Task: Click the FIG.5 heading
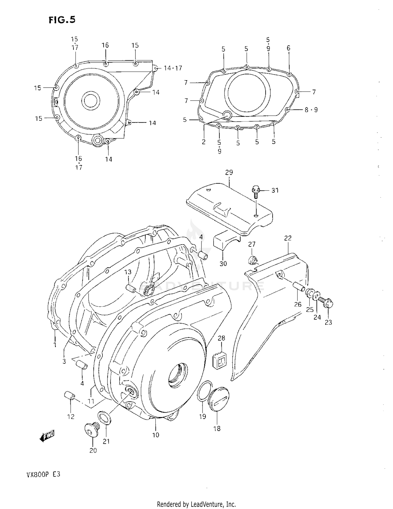(62, 20)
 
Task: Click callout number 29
(229, 172)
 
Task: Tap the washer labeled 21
(104, 418)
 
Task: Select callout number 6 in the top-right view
(288, 48)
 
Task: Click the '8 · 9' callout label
(311, 110)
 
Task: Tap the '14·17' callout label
(173, 68)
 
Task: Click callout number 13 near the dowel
(128, 272)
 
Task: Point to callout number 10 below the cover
(156, 435)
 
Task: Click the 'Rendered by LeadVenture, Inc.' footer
(196, 504)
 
